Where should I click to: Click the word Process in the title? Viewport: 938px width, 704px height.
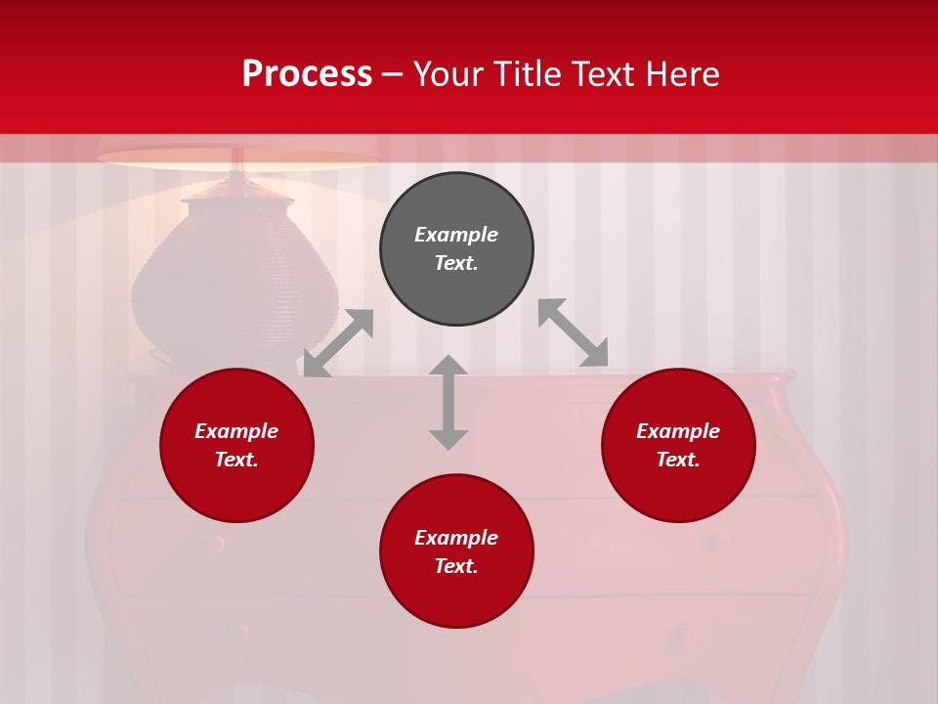(307, 74)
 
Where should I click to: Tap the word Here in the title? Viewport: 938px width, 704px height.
(684, 74)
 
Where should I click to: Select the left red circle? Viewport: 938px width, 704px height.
(236, 489)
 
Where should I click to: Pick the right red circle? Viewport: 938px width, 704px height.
(678, 489)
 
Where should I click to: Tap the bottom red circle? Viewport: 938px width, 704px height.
(456, 596)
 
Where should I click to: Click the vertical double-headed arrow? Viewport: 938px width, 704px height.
(448, 402)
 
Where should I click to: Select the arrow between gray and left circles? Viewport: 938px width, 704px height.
(338, 343)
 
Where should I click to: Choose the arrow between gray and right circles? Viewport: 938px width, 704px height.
(573, 333)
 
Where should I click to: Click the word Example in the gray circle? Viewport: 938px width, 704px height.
(456, 235)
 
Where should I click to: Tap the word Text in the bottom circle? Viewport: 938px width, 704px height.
(456, 566)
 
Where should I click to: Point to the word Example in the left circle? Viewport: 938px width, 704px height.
(236, 431)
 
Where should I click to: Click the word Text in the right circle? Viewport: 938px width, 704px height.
(678, 460)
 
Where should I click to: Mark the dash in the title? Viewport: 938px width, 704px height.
(392, 75)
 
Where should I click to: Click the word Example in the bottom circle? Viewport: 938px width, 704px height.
(456, 538)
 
